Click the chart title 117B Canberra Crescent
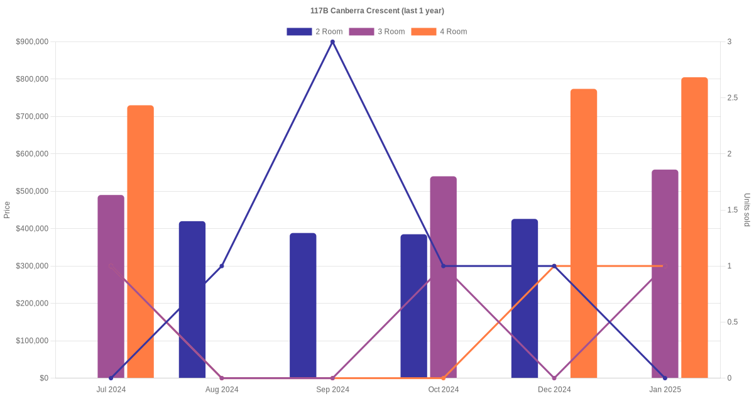click(x=377, y=11)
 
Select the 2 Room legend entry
click(x=315, y=31)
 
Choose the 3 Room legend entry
click(x=377, y=31)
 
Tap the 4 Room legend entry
click(x=439, y=31)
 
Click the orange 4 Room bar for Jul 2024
click(x=141, y=242)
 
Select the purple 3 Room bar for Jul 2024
click(x=111, y=287)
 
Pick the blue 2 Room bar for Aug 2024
click(x=192, y=300)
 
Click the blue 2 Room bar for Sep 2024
click(x=303, y=305)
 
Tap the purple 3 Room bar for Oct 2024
click(x=444, y=277)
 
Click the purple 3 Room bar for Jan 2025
click(x=665, y=274)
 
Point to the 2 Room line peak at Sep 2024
click(x=332, y=42)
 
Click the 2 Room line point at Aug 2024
click(x=222, y=266)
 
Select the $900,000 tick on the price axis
click(x=32, y=42)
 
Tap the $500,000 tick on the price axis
click(x=32, y=191)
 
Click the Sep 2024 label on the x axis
click(x=332, y=390)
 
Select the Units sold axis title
click(x=747, y=210)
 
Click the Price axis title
click(x=7, y=210)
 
